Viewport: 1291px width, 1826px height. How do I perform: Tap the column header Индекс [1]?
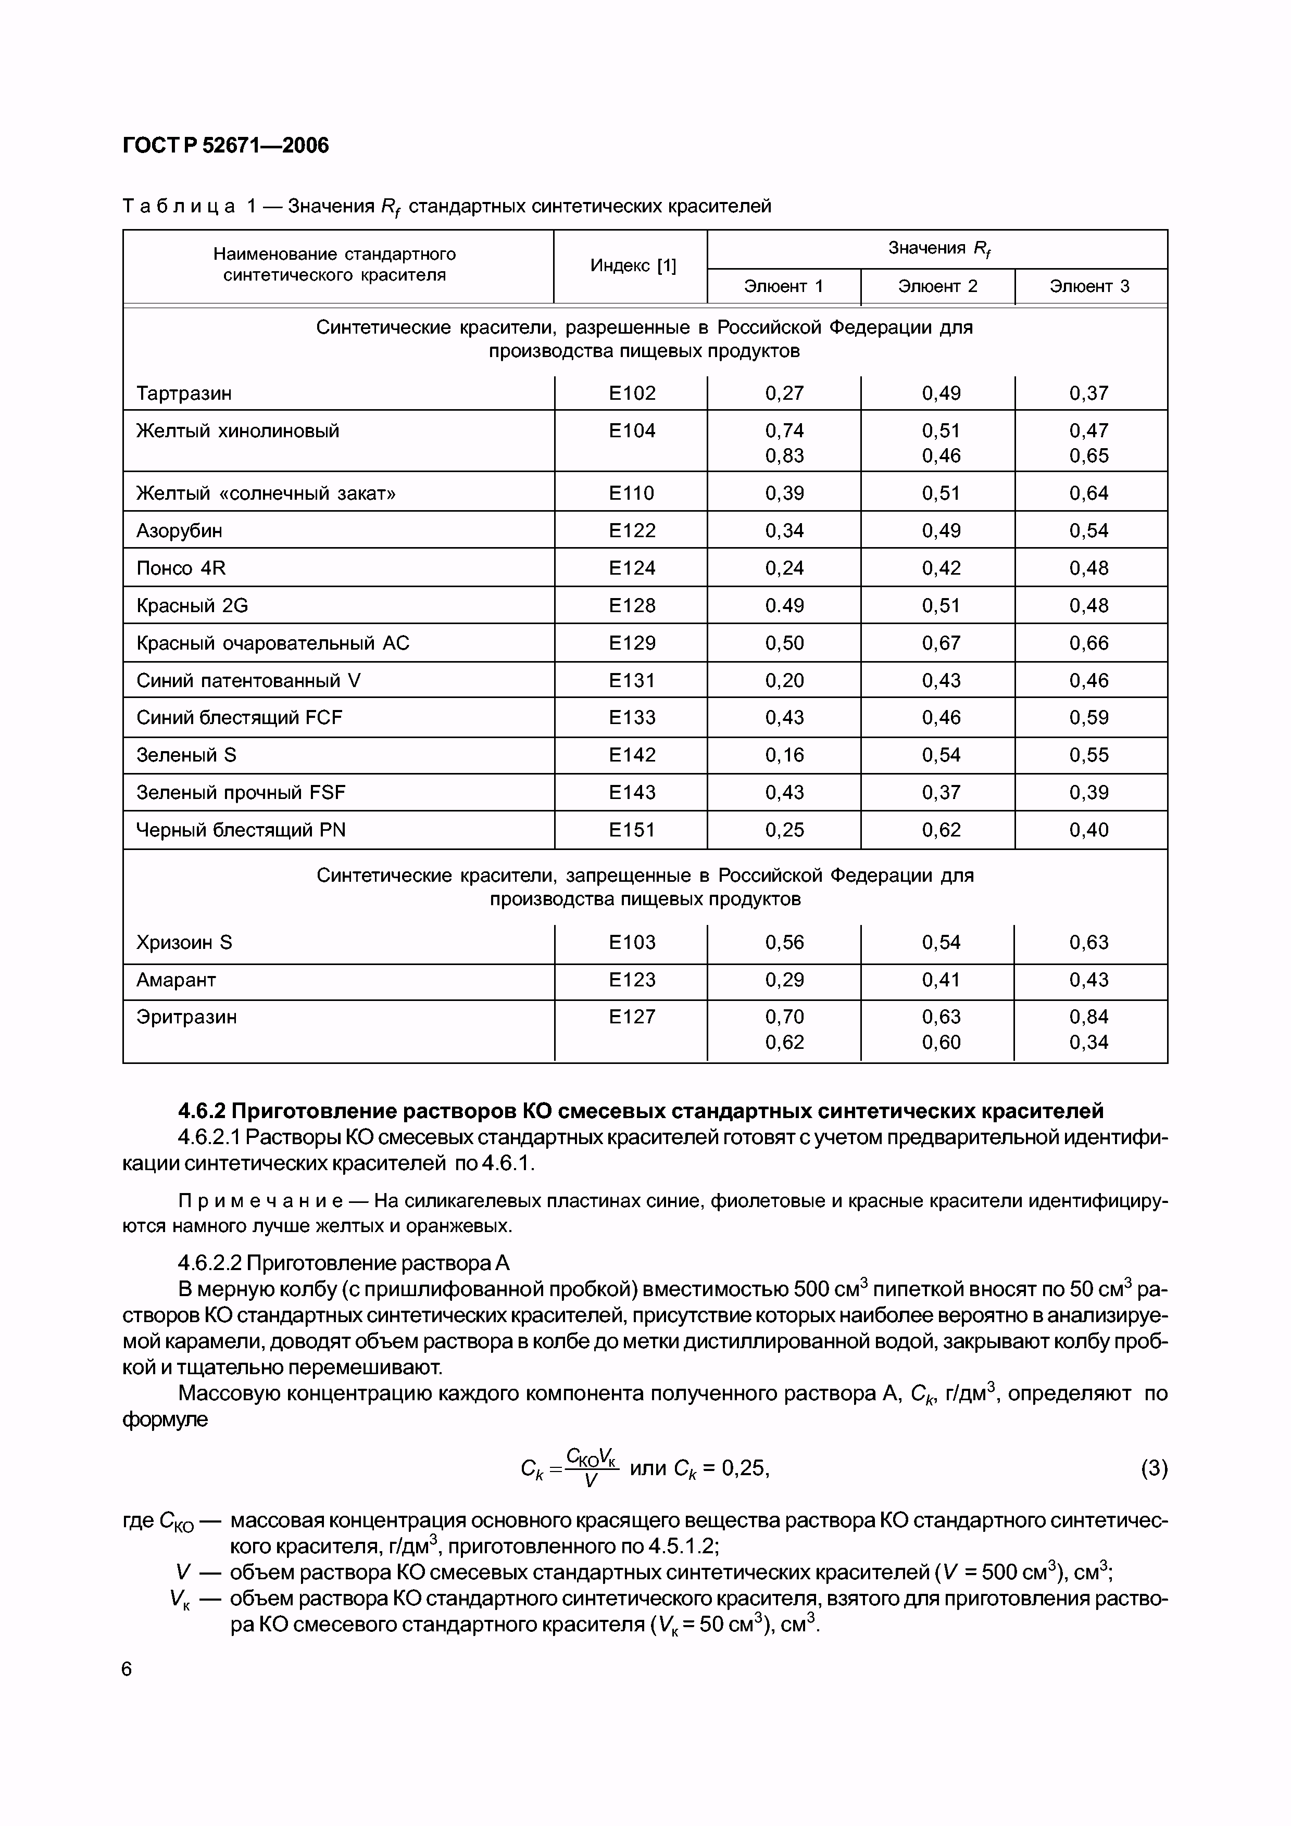tap(632, 265)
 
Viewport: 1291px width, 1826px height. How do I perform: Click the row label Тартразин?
tap(184, 393)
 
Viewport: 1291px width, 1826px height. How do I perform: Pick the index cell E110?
tap(632, 493)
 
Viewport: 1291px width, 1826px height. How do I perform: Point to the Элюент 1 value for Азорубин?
tap(784, 530)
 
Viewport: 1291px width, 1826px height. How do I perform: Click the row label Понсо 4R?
tap(181, 568)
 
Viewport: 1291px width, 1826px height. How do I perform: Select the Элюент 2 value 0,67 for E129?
tap(941, 643)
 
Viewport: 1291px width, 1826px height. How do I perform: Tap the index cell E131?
tap(632, 680)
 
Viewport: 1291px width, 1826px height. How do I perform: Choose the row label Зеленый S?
tap(186, 755)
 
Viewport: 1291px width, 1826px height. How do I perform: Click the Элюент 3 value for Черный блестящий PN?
tap(1088, 830)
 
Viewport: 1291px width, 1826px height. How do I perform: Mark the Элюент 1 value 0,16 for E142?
tap(784, 755)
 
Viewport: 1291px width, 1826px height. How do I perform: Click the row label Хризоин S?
tap(184, 943)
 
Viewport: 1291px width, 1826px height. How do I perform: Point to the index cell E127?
tap(632, 1017)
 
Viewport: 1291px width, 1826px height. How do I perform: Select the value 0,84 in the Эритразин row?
tap(1088, 1017)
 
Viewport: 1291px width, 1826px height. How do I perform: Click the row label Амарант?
tap(176, 980)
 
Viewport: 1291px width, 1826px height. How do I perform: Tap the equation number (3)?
tap(1154, 1468)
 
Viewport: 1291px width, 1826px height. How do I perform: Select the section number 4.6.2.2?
tap(210, 1263)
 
